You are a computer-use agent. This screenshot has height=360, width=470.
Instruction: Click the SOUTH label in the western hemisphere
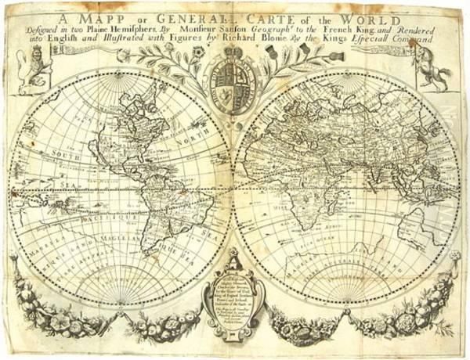(x=66, y=145)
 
